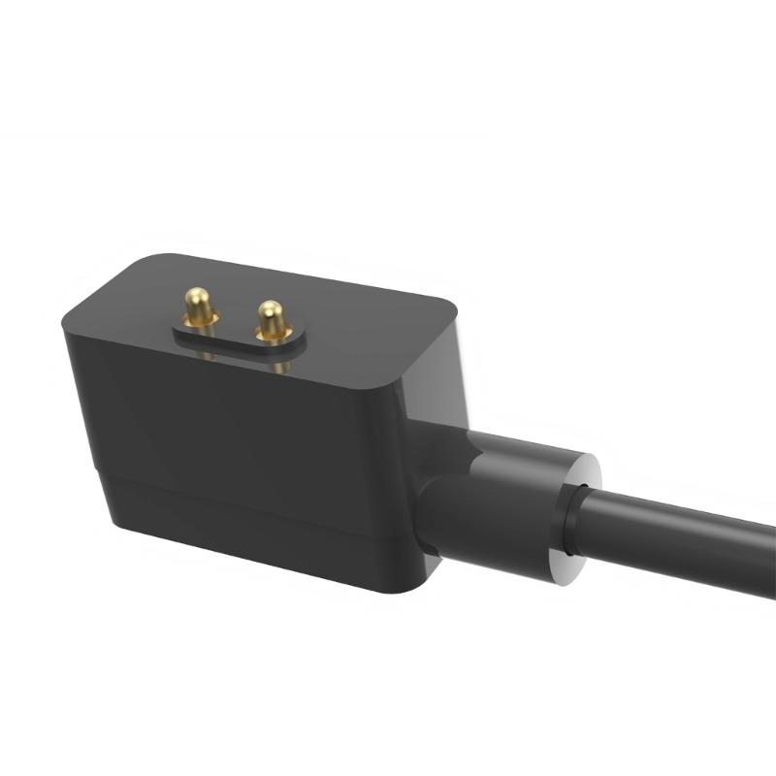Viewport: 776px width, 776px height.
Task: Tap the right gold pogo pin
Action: point(272,319)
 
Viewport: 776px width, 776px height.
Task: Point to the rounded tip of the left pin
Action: point(199,294)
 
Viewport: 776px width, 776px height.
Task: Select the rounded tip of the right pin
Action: point(270,307)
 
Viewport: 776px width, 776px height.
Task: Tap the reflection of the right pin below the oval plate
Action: point(278,366)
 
